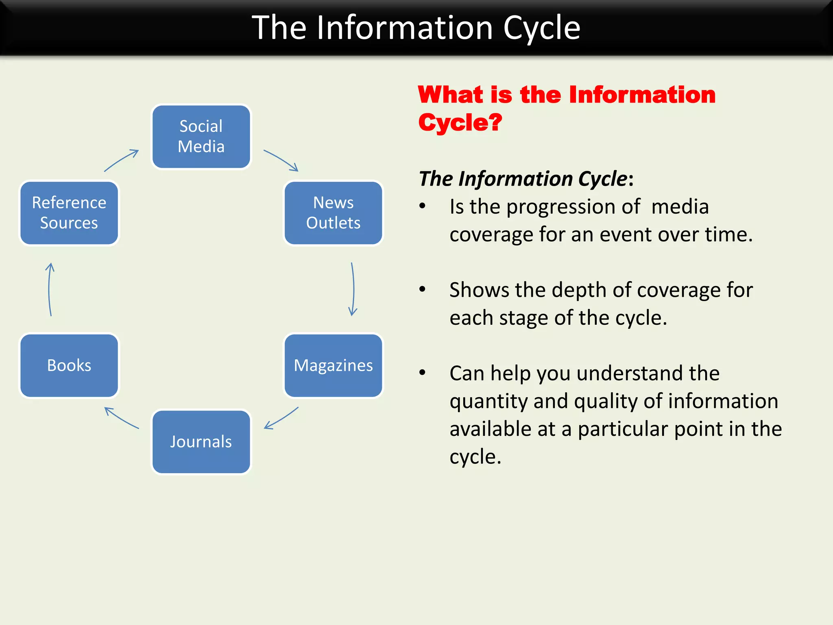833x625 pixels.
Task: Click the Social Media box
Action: click(201, 136)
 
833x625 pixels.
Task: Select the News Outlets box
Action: click(333, 213)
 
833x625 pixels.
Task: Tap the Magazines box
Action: click(333, 365)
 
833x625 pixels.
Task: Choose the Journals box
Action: click(201, 441)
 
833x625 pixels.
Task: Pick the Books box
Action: click(69, 365)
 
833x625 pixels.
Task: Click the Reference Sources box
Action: click(69, 213)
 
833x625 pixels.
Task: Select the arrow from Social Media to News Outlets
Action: click(281, 160)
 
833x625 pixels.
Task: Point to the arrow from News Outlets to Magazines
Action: click(353, 289)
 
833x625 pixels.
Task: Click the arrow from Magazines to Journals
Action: click(281, 418)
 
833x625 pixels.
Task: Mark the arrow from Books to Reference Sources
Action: click(50, 289)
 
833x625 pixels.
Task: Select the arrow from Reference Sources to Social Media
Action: click(121, 160)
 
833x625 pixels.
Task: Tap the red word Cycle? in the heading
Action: click(460, 122)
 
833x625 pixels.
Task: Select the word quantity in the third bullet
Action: click(489, 402)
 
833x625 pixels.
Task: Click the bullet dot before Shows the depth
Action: click(423, 289)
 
